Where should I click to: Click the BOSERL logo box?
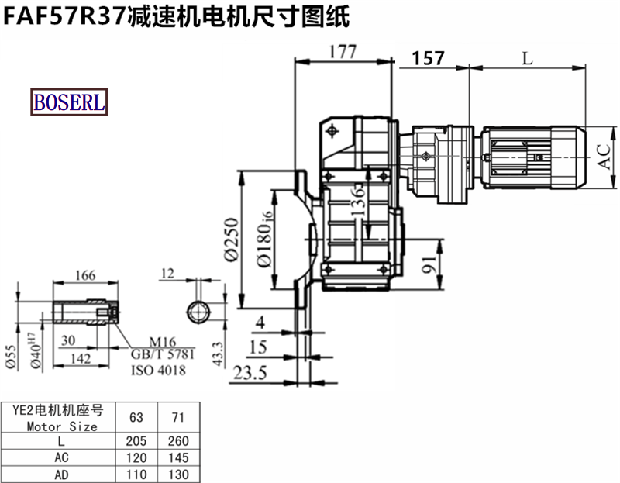[x=69, y=102]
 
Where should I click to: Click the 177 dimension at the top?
[x=343, y=52]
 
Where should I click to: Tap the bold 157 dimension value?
[x=429, y=59]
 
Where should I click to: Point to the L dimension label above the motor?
[x=528, y=59]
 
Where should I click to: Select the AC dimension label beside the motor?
[x=604, y=157]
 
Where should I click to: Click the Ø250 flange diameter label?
[x=232, y=240]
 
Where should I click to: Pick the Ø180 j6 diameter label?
[x=265, y=239]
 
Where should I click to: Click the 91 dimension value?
[x=429, y=264]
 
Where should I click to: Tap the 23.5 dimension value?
[x=250, y=373]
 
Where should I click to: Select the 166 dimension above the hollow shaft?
[x=85, y=275]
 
